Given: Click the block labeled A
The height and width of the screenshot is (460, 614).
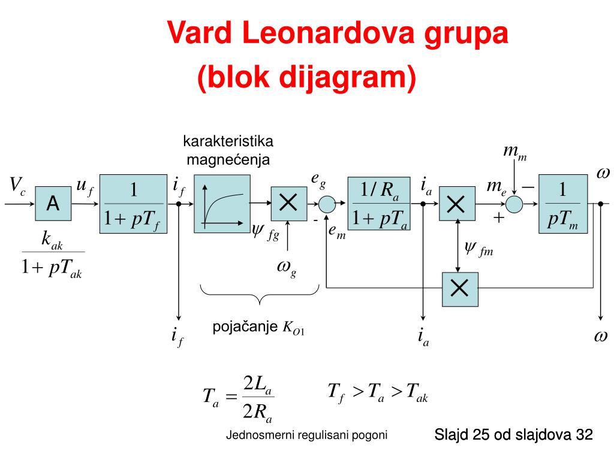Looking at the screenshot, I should click(53, 204).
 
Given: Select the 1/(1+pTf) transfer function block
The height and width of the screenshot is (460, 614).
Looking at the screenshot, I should click(133, 204).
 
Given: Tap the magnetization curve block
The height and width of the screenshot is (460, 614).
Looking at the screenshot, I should click(221, 204).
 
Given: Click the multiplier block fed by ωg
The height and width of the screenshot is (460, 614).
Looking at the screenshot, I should click(288, 204).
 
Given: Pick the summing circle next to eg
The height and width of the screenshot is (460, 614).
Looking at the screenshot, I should click(326, 204).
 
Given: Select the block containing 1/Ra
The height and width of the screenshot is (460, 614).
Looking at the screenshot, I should click(379, 204).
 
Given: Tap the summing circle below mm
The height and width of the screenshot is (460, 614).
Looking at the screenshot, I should click(514, 204).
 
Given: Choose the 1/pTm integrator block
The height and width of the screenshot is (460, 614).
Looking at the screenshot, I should click(563, 204).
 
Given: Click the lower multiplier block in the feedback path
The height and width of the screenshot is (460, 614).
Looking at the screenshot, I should click(460, 289).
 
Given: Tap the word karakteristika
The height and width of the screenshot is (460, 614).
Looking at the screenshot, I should click(228, 142).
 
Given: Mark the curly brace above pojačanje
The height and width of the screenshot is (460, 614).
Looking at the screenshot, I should click(259, 295).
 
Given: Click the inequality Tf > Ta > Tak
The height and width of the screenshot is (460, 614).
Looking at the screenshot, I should click(377, 392).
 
